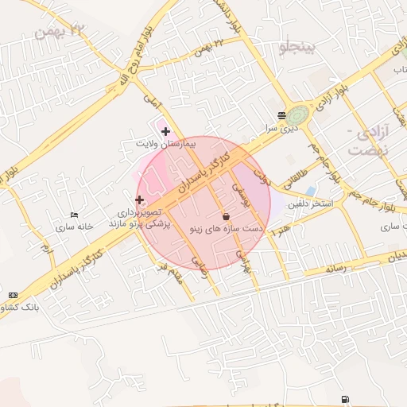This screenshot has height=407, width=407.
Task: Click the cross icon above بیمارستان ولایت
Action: coord(165,130)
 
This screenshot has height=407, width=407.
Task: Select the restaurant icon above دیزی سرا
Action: coord(281,115)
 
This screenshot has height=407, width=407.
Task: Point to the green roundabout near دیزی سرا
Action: coord(300,115)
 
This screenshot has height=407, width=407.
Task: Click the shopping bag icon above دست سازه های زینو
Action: coord(226,215)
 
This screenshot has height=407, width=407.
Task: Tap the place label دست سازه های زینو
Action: coord(226,228)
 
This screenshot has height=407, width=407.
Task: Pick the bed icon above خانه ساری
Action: coord(75,215)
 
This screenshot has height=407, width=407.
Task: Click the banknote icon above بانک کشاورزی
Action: coord(13,294)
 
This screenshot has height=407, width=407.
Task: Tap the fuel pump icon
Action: coord(343,398)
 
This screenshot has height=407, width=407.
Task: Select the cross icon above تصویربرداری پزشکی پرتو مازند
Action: coord(140,200)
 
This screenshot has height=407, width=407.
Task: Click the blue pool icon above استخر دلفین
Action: coord(310,191)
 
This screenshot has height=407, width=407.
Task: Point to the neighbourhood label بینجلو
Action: coord(298,48)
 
